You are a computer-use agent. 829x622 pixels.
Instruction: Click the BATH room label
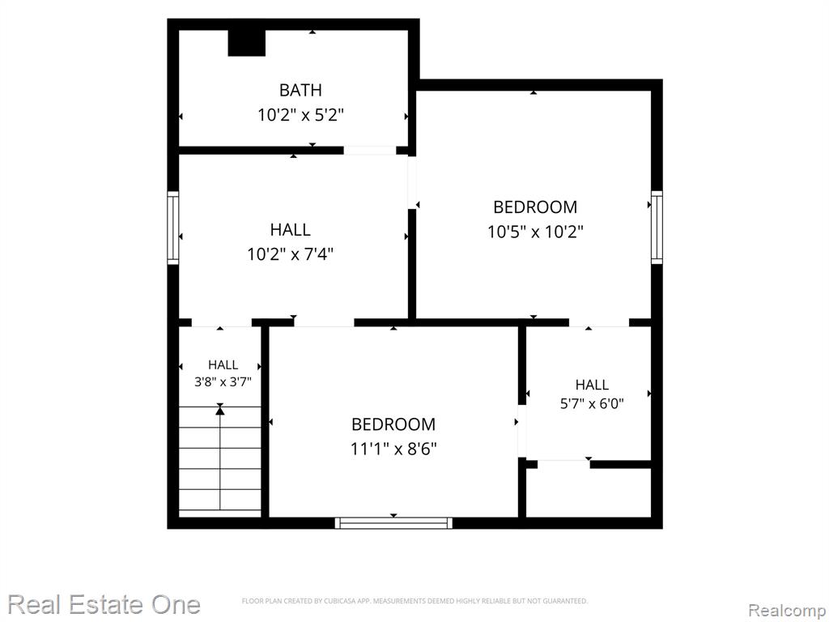tap(300, 91)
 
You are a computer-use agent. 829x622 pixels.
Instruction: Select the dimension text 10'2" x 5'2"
tap(301, 115)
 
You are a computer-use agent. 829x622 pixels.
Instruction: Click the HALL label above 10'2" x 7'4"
tap(291, 229)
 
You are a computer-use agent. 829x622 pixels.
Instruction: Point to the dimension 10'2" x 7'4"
tap(291, 254)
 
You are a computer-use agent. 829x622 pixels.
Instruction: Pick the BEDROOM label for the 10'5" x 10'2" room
tap(535, 207)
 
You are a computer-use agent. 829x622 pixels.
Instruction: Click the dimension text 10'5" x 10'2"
tap(535, 232)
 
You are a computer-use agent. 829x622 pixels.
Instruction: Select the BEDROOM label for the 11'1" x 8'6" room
tap(393, 424)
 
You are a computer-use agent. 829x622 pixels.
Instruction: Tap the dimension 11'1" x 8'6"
tap(393, 449)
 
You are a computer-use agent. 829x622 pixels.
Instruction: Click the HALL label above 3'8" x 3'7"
tap(223, 364)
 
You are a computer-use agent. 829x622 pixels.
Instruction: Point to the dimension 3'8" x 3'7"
tap(223, 381)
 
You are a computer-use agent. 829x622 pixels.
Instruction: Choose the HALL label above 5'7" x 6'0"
tap(592, 385)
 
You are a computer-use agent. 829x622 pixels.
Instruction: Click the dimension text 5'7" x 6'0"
tap(592, 403)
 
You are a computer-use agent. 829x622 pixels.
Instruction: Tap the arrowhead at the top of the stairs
tap(220, 408)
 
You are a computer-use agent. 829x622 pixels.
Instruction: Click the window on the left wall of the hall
tap(173, 228)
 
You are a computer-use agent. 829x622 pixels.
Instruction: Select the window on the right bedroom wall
tap(657, 227)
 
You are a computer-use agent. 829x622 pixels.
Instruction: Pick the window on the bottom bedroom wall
tap(394, 523)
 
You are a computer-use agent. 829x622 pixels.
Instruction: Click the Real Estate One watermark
tap(104, 604)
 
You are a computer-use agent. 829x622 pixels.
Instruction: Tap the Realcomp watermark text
tap(788, 611)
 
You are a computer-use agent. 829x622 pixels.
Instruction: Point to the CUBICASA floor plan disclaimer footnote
tap(414, 601)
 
